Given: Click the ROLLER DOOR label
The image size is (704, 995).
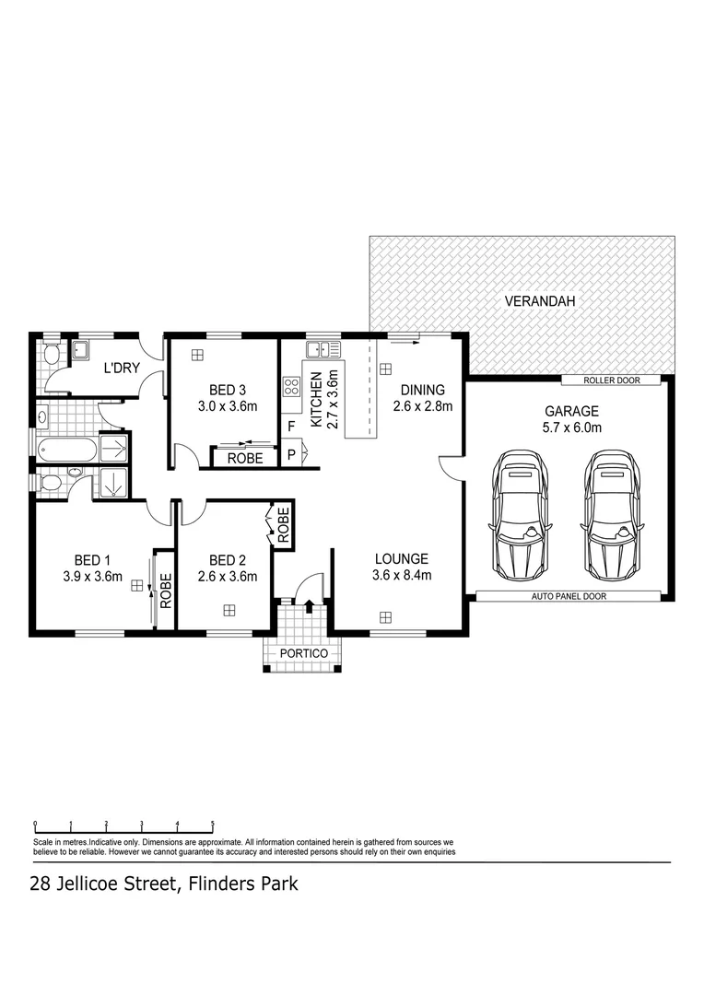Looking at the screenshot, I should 612,380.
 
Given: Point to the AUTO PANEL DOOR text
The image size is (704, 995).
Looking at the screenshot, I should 569,597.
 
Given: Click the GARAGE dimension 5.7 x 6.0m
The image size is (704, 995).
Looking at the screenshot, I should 571,427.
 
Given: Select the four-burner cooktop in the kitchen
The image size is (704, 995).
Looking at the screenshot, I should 292,387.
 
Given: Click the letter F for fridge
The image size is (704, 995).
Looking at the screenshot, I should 291,427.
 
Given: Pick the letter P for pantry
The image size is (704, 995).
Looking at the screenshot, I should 291,454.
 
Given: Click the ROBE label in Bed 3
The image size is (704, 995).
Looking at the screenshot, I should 246,458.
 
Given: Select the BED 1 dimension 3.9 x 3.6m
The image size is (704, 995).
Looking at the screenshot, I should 91,578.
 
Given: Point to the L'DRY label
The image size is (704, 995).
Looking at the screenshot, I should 121,368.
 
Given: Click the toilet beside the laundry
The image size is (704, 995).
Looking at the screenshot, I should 51,355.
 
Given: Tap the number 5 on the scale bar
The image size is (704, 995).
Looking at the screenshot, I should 213,824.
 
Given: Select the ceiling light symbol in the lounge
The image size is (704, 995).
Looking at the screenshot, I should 386,616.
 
